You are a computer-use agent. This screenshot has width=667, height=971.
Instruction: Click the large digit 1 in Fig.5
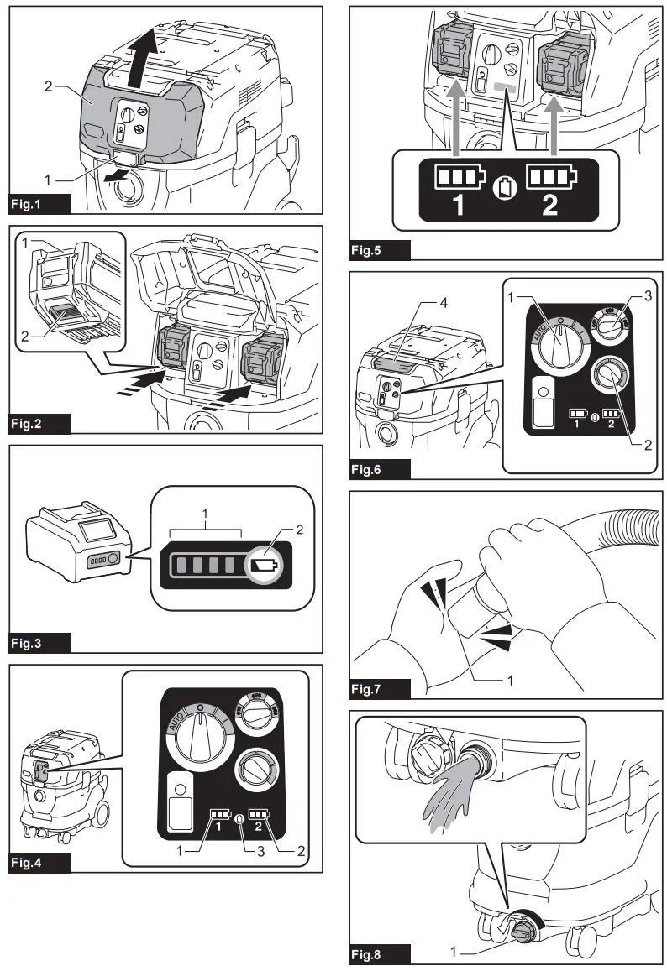pos(458,205)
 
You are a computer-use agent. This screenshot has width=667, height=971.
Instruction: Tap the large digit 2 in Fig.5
pos(550,205)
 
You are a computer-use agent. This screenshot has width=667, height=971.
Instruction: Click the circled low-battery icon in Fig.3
pos(264,566)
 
